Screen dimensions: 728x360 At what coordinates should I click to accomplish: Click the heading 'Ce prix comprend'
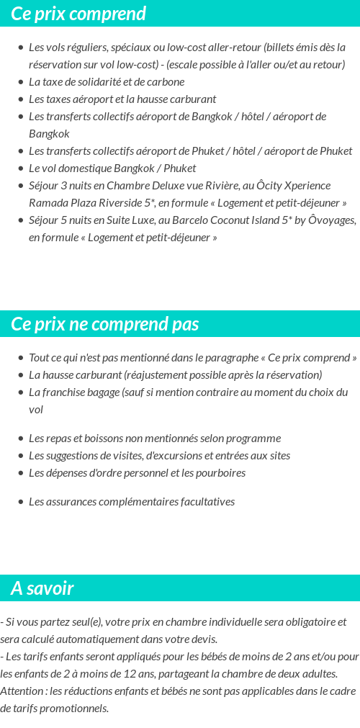[78, 14]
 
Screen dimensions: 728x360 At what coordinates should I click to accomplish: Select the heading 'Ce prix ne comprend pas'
[105, 324]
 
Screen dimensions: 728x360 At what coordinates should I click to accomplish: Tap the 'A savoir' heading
[42, 588]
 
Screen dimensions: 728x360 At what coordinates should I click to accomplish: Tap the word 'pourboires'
[220, 473]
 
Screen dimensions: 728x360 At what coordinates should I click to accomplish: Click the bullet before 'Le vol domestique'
[20, 168]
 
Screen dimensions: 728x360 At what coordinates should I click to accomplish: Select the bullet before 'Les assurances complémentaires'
[20, 502]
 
